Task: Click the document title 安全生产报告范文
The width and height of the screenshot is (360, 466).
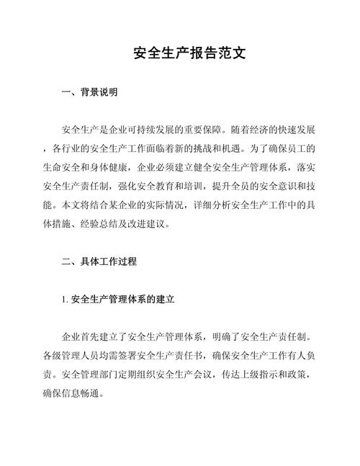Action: click(x=180, y=53)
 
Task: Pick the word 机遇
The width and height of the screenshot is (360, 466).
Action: click(x=270, y=149)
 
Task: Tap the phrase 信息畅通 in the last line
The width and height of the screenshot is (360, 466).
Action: click(x=84, y=393)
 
